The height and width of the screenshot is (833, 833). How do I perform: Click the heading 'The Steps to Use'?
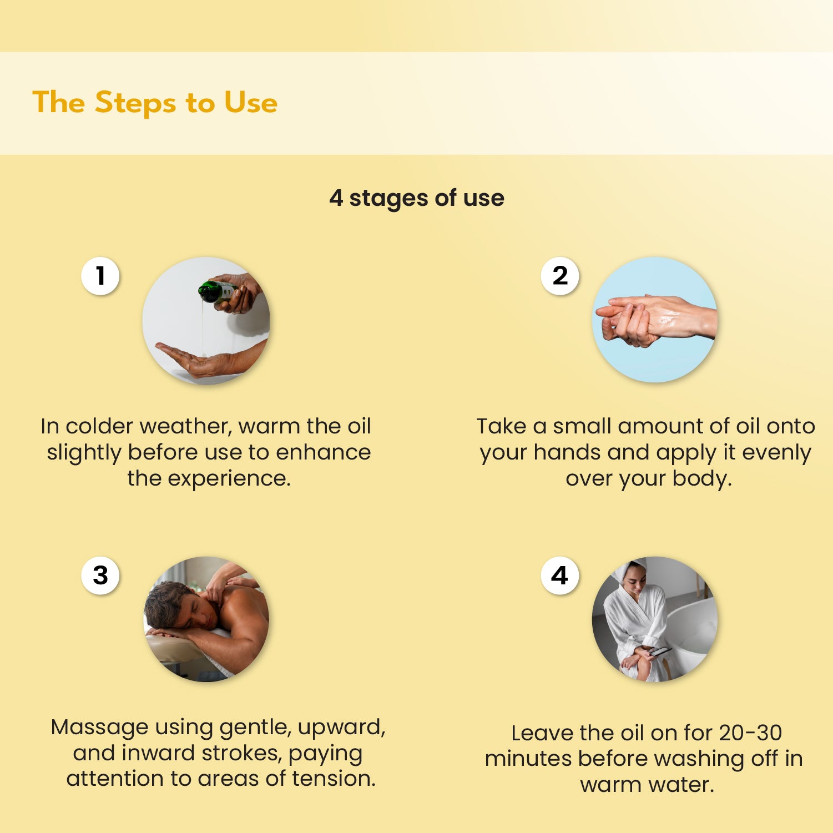(155, 103)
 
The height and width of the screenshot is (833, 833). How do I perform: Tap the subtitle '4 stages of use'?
(416, 198)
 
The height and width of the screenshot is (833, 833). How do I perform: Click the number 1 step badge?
(100, 276)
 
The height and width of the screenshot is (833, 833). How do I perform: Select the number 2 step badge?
(560, 276)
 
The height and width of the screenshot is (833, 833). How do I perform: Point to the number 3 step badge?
(100, 575)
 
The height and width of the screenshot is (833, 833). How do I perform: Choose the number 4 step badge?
(560, 575)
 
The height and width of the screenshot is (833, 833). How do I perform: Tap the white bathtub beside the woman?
(691, 633)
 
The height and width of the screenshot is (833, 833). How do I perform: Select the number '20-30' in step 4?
(750, 733)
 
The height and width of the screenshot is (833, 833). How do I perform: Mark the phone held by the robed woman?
(660, 650)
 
